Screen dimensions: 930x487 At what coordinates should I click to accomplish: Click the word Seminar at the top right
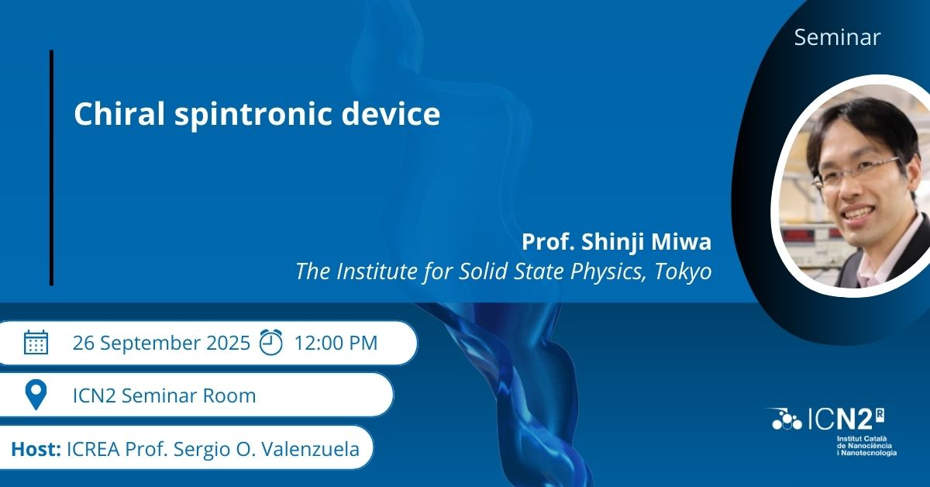point(837,37)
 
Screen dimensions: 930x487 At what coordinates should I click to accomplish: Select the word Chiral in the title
point(119,113)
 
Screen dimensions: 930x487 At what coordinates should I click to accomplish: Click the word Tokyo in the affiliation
point(683,271)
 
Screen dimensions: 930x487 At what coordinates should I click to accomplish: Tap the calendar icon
point(36,343)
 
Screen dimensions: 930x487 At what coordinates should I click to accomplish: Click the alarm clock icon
point(270,342)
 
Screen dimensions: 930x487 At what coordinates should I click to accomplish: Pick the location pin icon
point(36,395)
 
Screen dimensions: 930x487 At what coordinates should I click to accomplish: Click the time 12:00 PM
point(336,343)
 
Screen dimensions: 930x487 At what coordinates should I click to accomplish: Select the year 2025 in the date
point(228,343)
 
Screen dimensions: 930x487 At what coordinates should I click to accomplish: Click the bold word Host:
point(36,449)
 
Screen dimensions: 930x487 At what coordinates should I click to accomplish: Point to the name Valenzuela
point(310,449)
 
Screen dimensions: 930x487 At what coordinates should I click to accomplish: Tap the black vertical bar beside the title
point(51,168)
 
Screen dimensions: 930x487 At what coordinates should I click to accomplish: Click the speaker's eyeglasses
point(855,171)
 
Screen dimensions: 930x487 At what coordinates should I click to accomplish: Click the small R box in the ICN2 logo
point(880,415)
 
